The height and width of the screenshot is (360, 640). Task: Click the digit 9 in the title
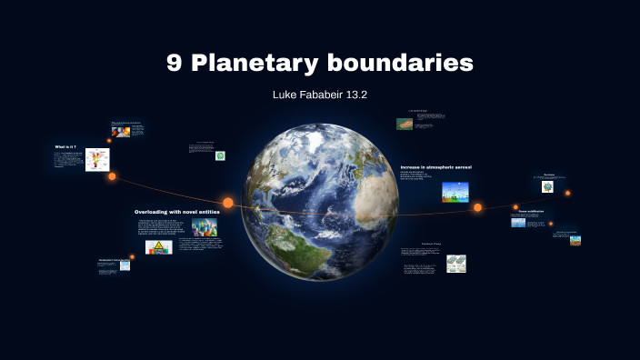(x=175, y=63)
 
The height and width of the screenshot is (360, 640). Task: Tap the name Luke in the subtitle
(x=286, y=94)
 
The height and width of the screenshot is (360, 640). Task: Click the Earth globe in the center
(x=320, y=202)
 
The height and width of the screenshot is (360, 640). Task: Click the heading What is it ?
(x=65, y=146)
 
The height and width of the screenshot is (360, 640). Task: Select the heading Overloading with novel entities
(x=176, y=211)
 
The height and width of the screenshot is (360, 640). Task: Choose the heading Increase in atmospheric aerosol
(x=436, y=167)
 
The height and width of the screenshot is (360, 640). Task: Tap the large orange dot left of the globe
(x=228, y=203)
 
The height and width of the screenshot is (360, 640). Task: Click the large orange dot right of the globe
(x=477, y=207)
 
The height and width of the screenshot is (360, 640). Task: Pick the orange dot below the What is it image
(x=112, y=176)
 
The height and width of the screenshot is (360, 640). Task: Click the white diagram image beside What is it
(x=97, y=160)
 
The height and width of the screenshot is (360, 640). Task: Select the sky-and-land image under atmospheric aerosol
(x=455, y=192)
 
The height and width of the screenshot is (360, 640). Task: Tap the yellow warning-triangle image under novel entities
(x=158, y=247)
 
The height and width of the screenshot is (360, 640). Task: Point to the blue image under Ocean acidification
(x=518, y=222)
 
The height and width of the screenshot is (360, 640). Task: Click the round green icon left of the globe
(x=219, y=155)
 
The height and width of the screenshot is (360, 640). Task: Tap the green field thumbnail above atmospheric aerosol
(x=405, y=124)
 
